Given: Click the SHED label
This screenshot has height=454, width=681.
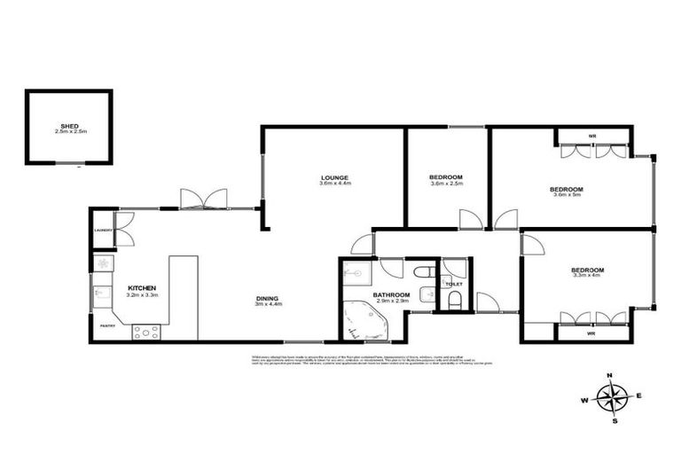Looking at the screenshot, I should tap(68, 127).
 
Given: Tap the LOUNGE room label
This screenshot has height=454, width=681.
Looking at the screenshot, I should tap(335, 177).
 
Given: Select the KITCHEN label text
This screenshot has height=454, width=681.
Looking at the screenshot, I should tap(142, 288).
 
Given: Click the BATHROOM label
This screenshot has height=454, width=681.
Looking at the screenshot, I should tap(390, 294).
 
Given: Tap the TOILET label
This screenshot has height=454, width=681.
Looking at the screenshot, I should tap(453, 285).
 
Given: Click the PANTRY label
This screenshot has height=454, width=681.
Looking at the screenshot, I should tap(107, 325).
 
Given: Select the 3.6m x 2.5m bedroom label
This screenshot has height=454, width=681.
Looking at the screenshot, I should tap(446, 177).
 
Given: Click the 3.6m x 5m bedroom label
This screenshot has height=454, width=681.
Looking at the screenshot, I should tap(566, 189).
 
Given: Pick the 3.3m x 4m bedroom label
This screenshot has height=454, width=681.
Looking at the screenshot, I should tap(587, 270).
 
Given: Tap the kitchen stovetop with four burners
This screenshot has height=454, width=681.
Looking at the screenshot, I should tap(145, 333).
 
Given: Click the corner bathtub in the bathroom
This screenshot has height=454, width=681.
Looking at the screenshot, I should tap(364, 320).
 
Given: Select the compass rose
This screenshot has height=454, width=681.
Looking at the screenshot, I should tap(613, 397).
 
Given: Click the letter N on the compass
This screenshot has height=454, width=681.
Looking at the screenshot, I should tap(611, 376).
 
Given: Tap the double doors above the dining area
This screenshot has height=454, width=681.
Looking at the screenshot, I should tap(203, 199).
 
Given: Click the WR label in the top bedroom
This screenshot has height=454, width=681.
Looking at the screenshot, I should tap(591, 136).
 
